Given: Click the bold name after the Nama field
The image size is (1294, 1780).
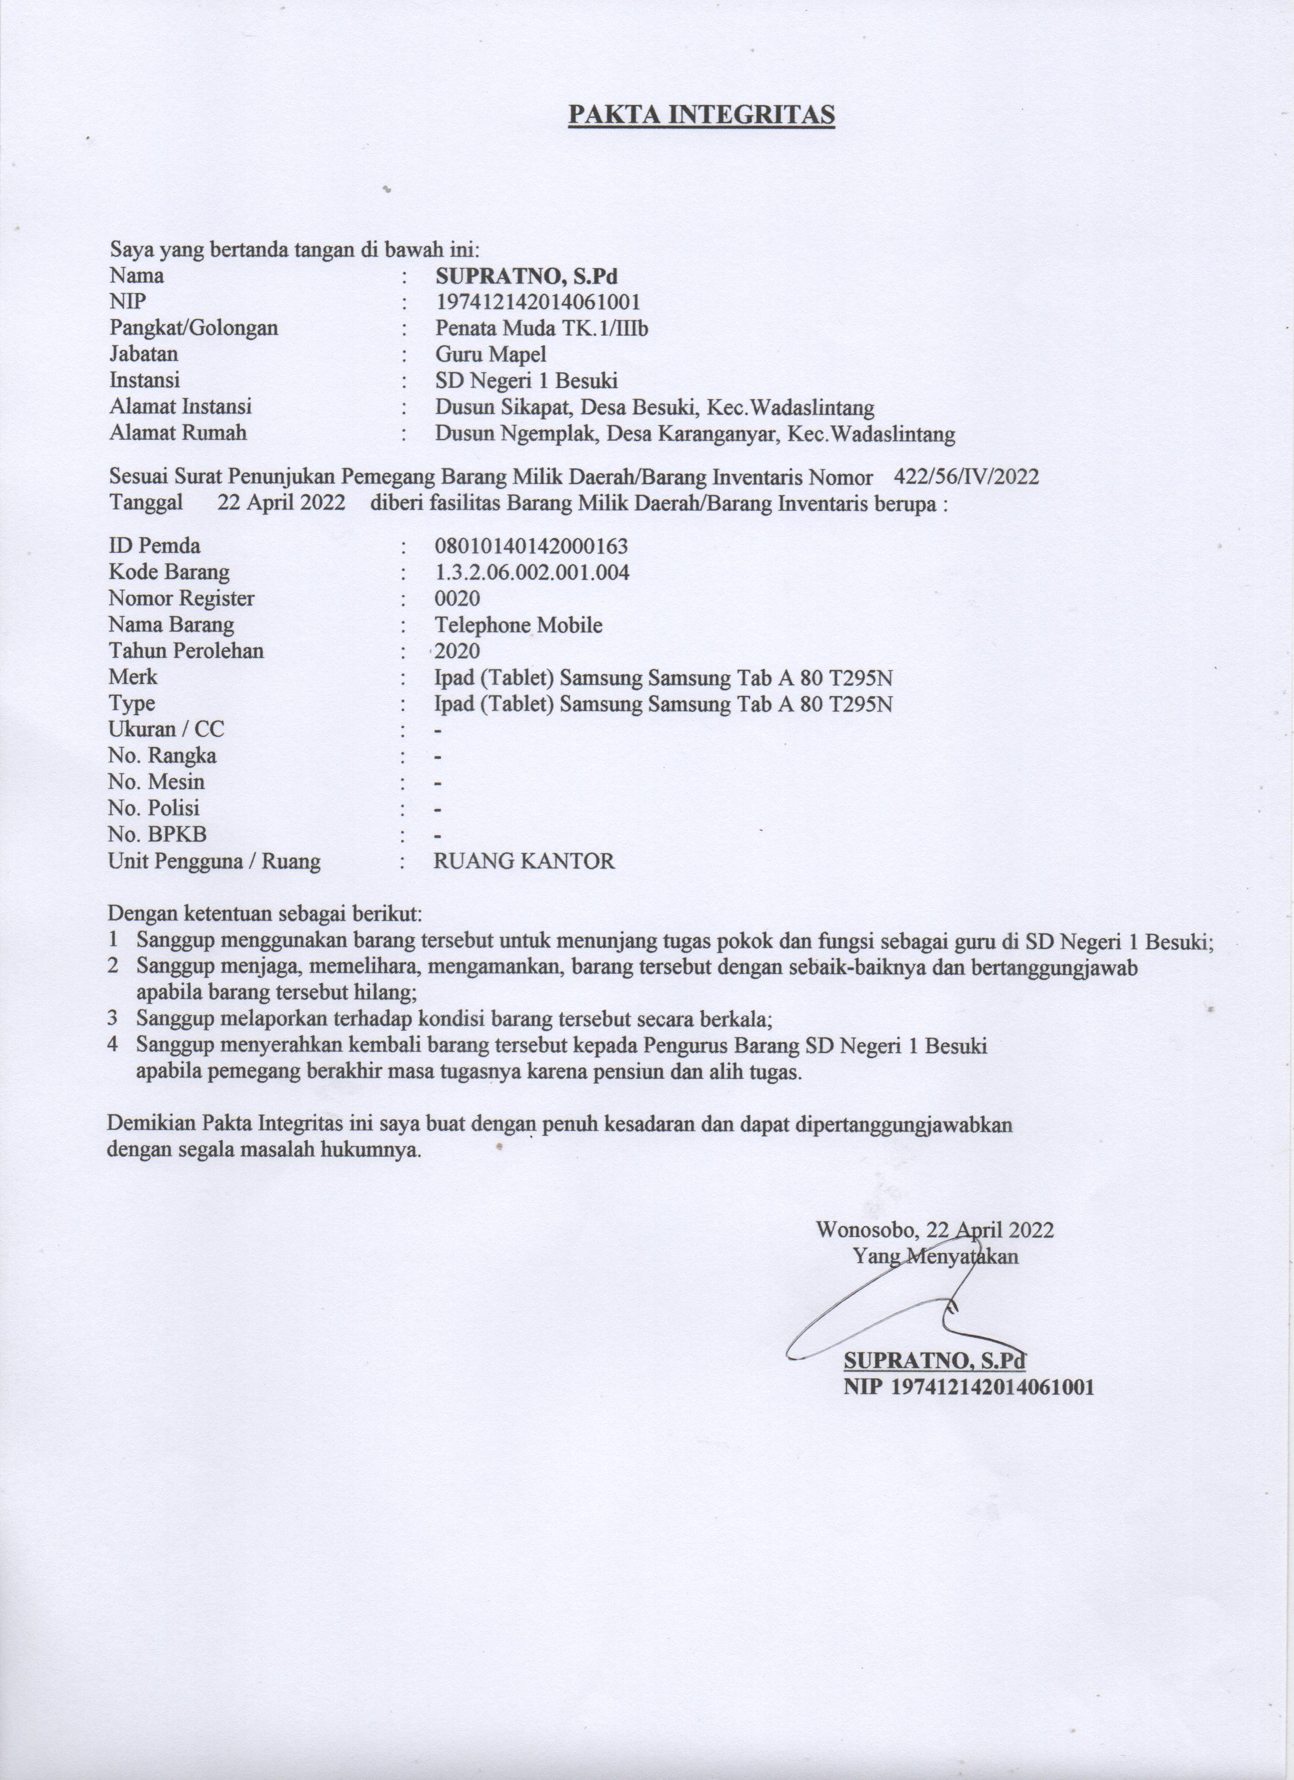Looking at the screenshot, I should pos(527,276).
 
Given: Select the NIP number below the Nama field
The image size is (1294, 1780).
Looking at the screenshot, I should pos(538,302).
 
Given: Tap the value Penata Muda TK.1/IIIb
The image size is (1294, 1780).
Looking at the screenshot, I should pos(542,328).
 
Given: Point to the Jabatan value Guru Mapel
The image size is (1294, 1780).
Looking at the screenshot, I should pos(491,355).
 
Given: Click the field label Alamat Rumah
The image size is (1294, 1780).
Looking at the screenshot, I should pos(178,433).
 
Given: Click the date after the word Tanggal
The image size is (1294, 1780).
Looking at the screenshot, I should pos(281,502).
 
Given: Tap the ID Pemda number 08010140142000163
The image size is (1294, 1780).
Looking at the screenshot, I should pos(531,546).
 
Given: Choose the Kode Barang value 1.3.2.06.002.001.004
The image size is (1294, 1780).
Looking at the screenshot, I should pos(532,572).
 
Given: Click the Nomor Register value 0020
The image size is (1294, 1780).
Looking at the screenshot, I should pos(457,599).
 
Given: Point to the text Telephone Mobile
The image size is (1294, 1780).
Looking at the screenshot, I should pos(518,625).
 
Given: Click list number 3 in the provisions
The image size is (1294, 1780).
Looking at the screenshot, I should pos(113,1019).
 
